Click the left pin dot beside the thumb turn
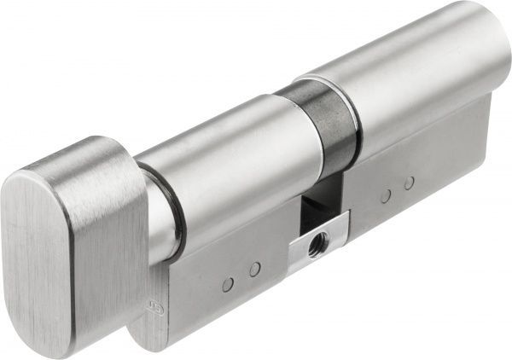point(228,284)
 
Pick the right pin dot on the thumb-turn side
point(253,270)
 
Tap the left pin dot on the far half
point(385,196)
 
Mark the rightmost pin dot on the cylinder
point(409,183)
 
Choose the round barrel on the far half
point(401,77)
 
